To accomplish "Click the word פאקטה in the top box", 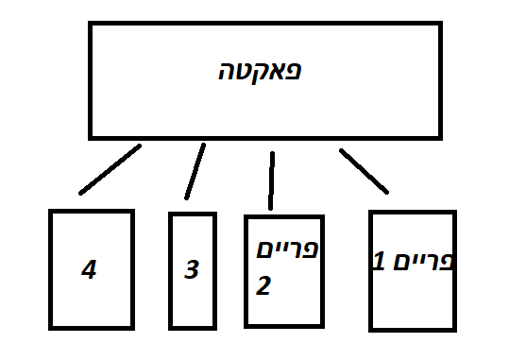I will click(265, 72).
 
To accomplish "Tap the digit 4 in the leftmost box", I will click(89, 271).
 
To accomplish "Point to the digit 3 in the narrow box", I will click(192, 271).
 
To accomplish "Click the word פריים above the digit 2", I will click(285, 250).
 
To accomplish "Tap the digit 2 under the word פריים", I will click(263, 285).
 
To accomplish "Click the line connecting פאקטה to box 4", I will click(110, 169).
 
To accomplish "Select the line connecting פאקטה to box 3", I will click(195, 171).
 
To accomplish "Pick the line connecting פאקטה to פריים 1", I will click(364, 170).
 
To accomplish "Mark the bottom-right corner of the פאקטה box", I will click(439, 137).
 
